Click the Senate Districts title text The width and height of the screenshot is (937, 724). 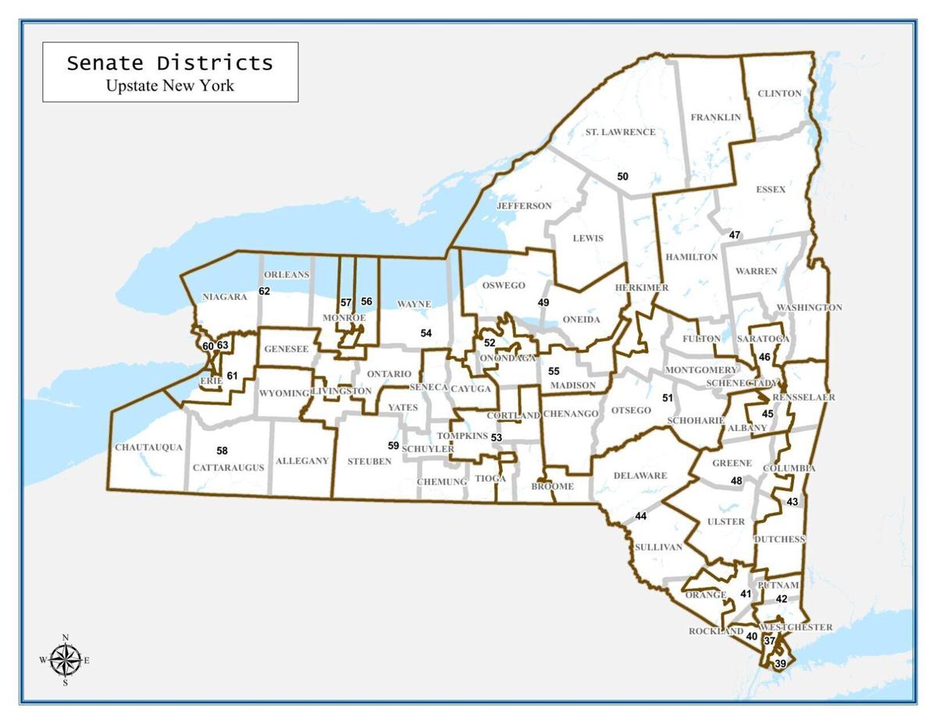pyautogui.click(x=169, y=63)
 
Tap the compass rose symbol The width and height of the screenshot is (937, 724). pyautogui.click(x=66, y=661)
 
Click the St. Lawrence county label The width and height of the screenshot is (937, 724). pyautogui.click(x=620, y=132)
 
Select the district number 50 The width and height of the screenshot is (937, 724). pyautogui.click(x=622, y=177)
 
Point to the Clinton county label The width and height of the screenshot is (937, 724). pyautogui.click(x=779, y=94)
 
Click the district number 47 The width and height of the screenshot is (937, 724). pyautogui.click(x=735, y=235)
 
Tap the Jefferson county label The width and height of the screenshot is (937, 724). pyautogui.click(x=524, y=206)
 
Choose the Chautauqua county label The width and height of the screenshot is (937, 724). pyautogui.click(x=148, y=448)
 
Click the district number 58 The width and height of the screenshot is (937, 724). pyautogui.click(x=222, y=451)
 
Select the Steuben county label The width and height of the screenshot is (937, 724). pyautogui.click(x=369, y=462)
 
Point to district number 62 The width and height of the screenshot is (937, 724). pyautogui.click(x=264, y=291)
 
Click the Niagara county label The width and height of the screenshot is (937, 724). pyautogui.click(x=224, y=297)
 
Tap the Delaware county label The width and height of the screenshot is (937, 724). pyautogui.click(x=640, y=476)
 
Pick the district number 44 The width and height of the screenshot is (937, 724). pyautogui.click(x=641, y=516)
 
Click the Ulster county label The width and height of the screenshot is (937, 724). pyautogui.click(x=726, y=522)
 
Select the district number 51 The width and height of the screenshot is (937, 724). pyautogui.click(x=668, y=398)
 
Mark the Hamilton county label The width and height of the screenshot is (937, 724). pyautogui.click(x=691, y=257)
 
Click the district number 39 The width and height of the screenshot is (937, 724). pyautogui.click(x=780, y=664)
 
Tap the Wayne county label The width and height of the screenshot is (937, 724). pyautogui.click(x=414, y=304)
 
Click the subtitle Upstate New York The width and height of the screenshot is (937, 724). pyautogui.click(x=169, y=85)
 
